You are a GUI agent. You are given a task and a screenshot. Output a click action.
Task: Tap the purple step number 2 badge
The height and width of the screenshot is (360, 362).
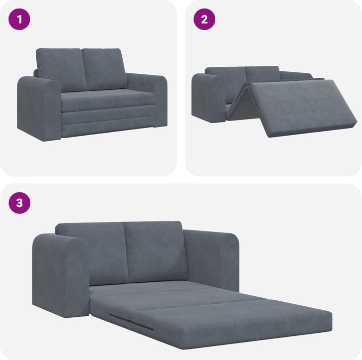pos(205,20)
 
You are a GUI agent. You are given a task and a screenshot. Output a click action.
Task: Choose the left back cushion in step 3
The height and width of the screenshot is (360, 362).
pos(93,251)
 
